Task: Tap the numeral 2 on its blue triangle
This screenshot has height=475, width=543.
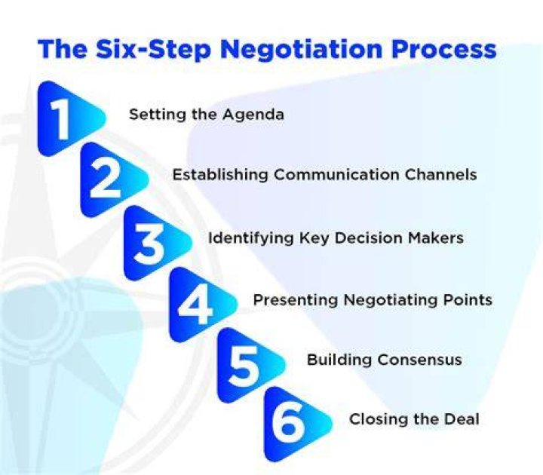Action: [x=105, y=179]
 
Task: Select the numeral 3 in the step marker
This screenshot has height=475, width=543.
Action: [x=149, y=244]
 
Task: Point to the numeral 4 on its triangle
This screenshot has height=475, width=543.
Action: [x=195, y=305]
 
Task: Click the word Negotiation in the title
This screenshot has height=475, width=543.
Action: [x=301, y=49]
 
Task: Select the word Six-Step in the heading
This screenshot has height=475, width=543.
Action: [x=153, y=50]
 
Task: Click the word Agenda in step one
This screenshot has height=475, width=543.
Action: [x=253, y=115]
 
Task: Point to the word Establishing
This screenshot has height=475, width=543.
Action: [x=220, y=174]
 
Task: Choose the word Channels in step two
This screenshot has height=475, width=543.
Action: [x=440, y=174]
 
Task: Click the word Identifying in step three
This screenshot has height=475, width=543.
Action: [x=250, y=238]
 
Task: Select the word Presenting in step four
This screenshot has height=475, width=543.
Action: [x=296, y=300]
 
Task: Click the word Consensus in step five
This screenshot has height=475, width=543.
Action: [x=419, y=360]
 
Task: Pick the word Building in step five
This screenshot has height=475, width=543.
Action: [x=339, y=360]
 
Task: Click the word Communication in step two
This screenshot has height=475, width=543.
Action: [x=336, y=174]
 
